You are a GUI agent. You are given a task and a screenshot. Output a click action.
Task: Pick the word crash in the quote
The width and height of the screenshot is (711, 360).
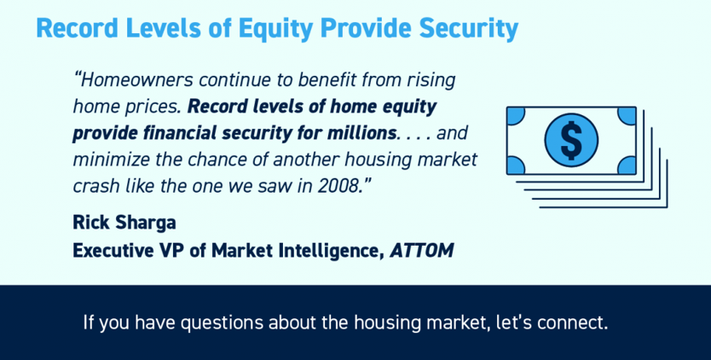pyautogui.click(x=94, y=187)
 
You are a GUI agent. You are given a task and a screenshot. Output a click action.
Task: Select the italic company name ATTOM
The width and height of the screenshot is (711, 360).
pyautogui.click(x=422, y=250)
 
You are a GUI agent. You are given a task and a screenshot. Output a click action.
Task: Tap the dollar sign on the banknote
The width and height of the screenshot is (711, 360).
pyautogui.click(x=571, y=140)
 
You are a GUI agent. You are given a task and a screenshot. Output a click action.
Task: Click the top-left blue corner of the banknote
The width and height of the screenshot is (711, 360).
pyautogui.click(x=516, y=116)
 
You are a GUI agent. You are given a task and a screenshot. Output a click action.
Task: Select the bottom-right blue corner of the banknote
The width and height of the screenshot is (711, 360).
pyautogui.click(x=627, y=165)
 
